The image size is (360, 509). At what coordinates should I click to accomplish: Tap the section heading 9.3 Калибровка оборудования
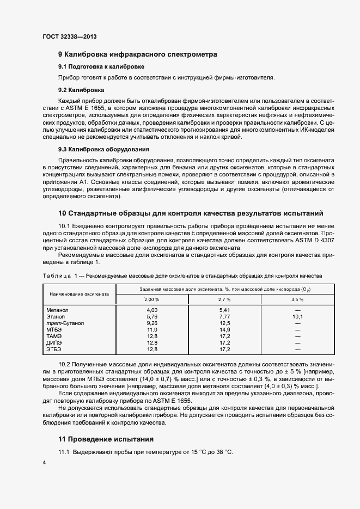104,149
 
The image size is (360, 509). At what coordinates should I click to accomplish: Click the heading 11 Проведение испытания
106,439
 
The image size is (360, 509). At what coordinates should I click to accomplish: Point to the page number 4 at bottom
44,462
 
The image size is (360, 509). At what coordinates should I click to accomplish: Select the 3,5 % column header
297,299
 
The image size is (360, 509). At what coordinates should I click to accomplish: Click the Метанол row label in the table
57,310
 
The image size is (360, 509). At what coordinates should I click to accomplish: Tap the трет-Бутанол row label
66,323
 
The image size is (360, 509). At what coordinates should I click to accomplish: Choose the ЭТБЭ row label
54,349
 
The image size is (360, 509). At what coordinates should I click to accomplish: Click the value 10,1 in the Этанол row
297,316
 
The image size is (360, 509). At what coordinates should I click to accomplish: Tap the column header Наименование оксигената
80,294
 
